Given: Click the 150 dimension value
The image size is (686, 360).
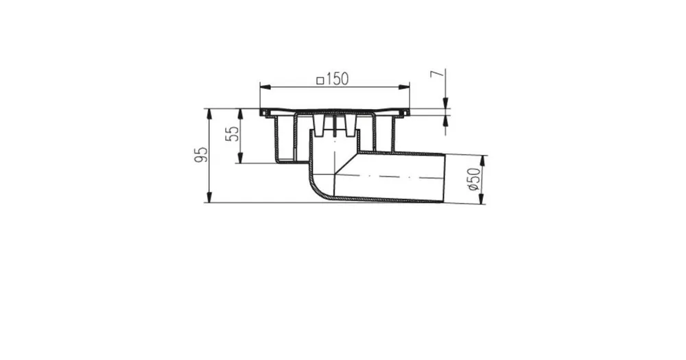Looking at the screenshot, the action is tap(337, 79).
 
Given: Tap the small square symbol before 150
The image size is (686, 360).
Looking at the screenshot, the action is tap(320, 80).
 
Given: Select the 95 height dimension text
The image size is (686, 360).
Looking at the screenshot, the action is tap(201, 155).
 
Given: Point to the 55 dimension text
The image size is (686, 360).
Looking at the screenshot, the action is tap(233, 134).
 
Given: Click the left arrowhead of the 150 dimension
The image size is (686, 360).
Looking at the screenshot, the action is tap(265, 87).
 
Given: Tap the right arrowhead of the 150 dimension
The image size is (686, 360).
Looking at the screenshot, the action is tap(405, 87).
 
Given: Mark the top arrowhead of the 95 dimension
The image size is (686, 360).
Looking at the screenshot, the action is tap(209, 114).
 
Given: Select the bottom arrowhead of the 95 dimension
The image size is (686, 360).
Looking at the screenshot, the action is tap(209, 197).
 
